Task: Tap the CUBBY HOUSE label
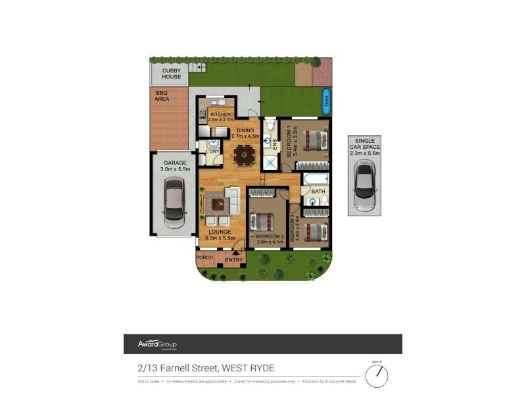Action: tap(171, 73)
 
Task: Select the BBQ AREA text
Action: tap(162, 95)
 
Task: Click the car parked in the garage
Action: tap(174, 203)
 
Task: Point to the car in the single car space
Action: tap(366, 181)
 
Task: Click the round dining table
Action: tap(244, 155)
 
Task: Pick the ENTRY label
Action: tap(234, 260)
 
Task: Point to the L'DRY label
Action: tap(212, 152)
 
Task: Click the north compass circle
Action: tap(377, 376)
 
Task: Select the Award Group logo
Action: tap(156, 344)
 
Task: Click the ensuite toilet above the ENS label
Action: tap(270, 125)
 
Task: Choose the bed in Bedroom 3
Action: tap(315, 231)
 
